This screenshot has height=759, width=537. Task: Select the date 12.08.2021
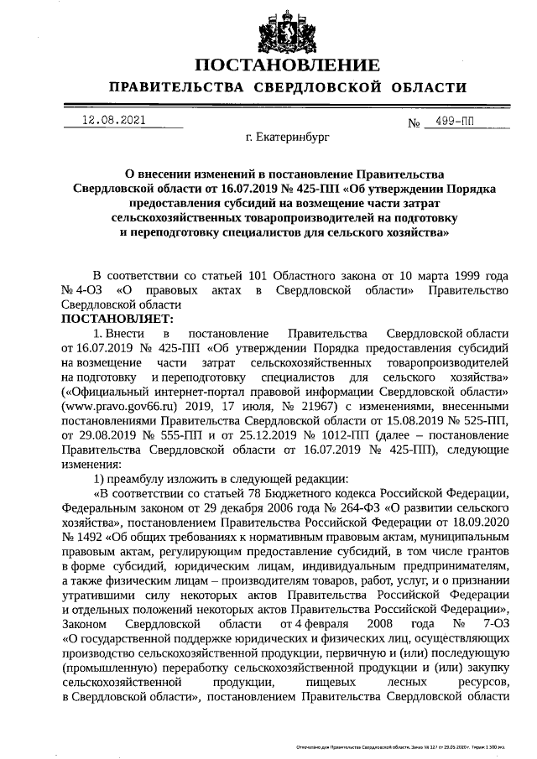[x=114, y=120]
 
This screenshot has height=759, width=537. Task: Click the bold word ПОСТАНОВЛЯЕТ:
[x=117, y=319]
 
